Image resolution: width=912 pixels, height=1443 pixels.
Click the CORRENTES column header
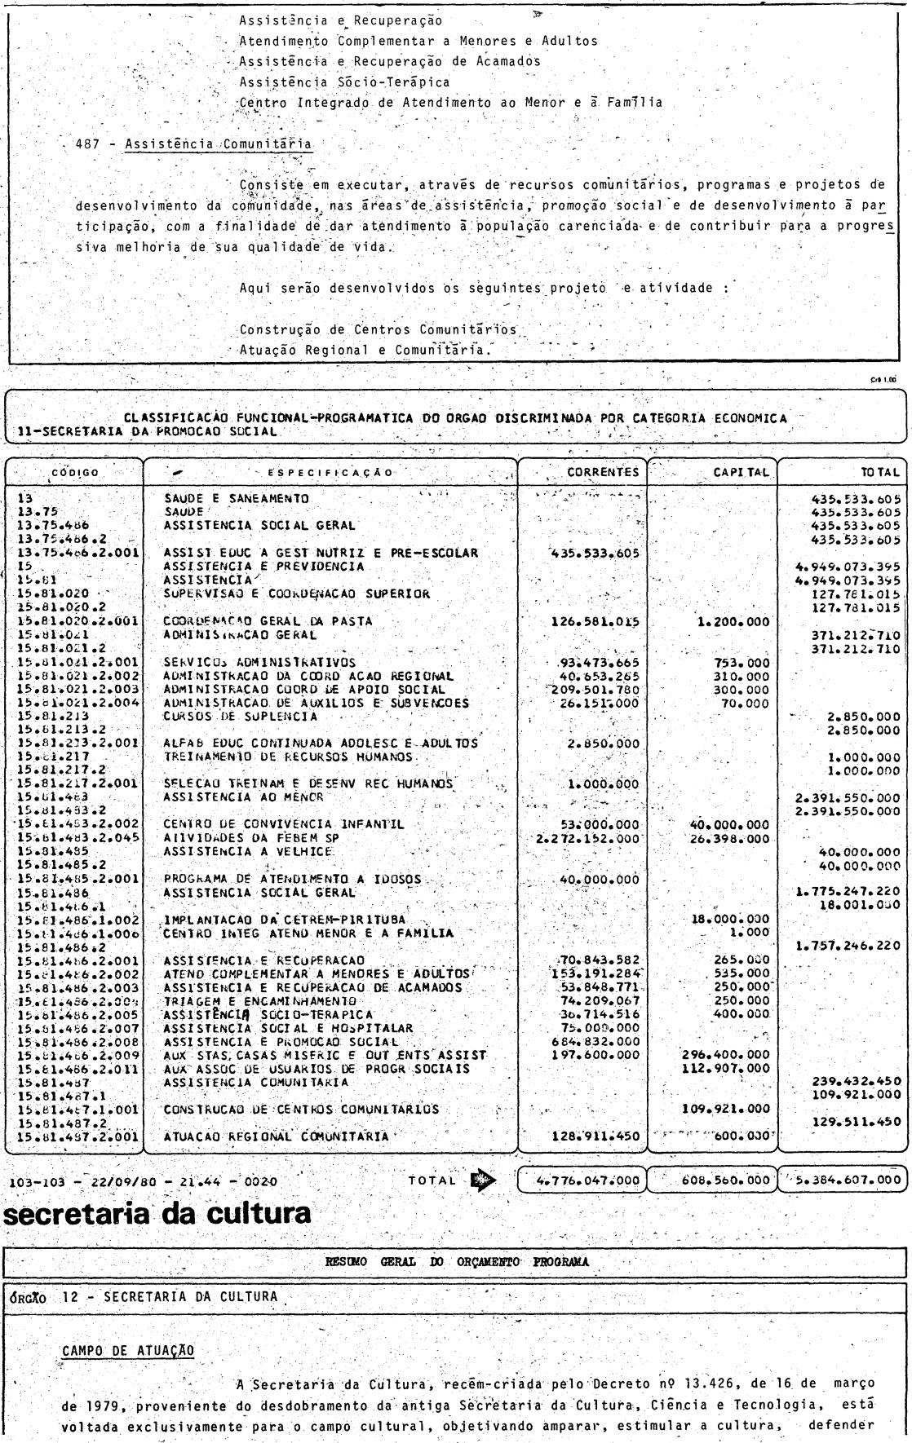pyautogui.click(x=603, y=471)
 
